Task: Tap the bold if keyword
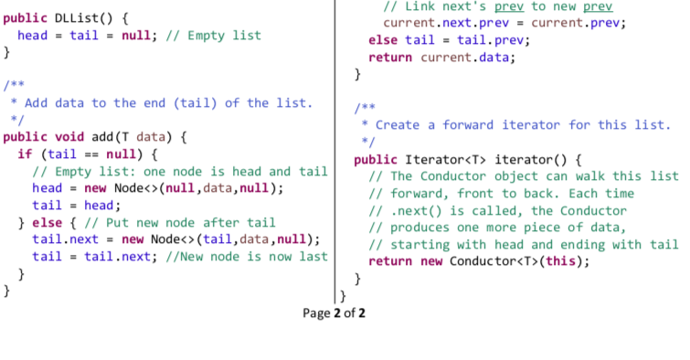coord(25,154)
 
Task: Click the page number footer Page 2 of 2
coord(334,312)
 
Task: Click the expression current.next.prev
coord(438,23)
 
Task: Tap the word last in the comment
coord(313,257)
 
